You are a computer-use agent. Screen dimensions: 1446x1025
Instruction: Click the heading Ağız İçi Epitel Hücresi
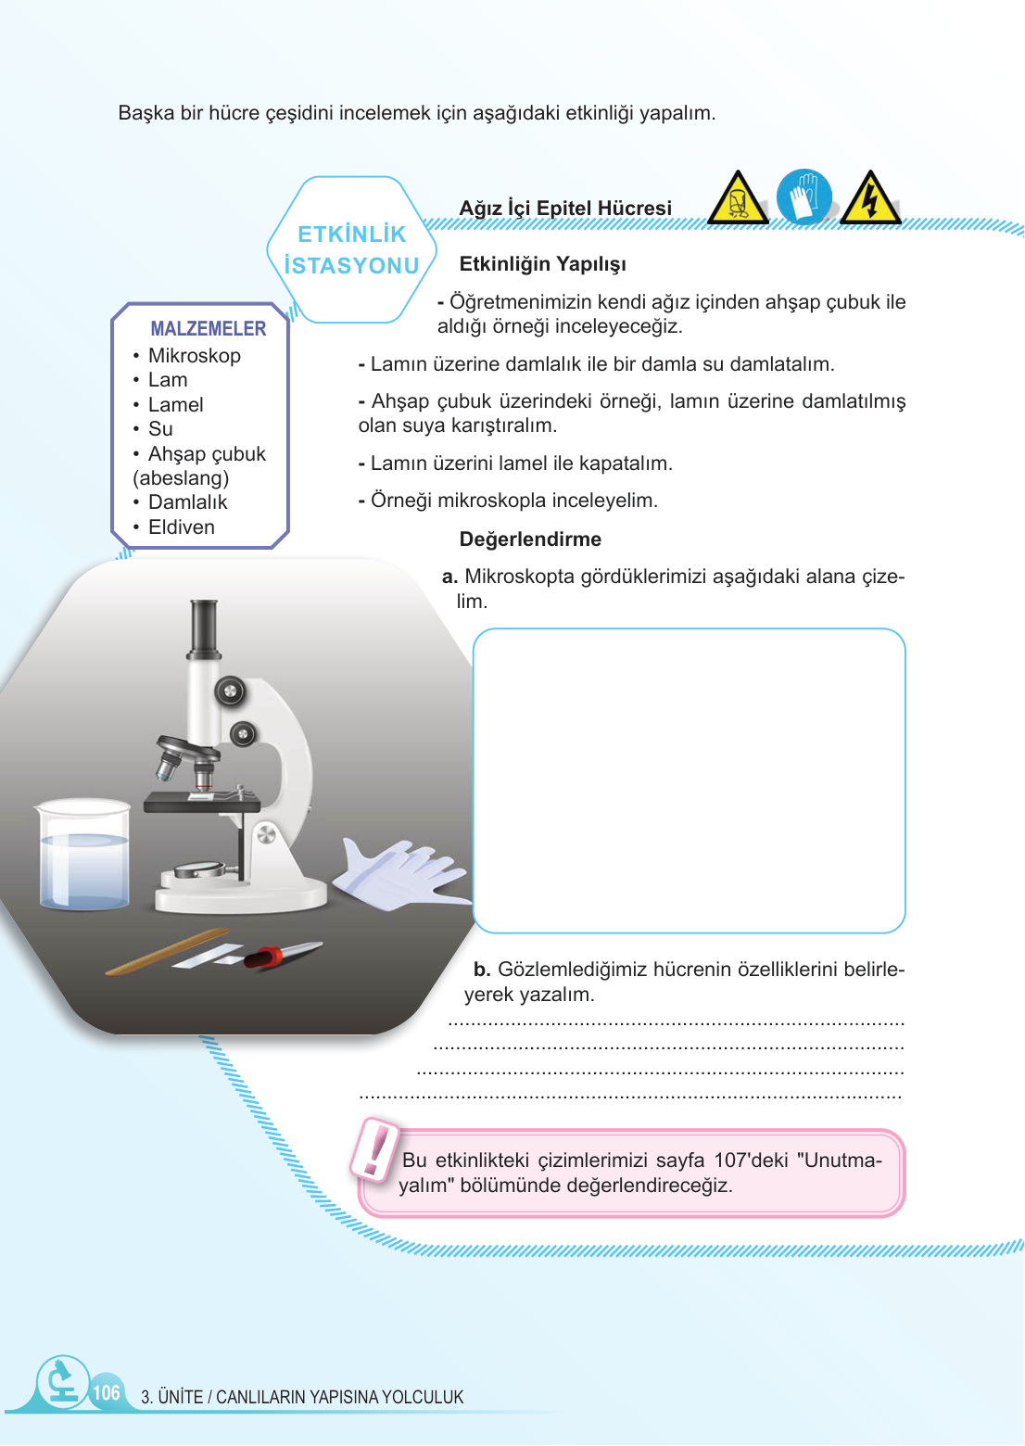point(565,208)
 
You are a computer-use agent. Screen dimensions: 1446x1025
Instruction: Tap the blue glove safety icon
point(804,197)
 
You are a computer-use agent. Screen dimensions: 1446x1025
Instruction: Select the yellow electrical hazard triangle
point(869,198)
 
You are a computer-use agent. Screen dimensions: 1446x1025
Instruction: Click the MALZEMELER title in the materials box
point(208,328)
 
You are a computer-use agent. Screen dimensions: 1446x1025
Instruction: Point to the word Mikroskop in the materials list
point(194,356)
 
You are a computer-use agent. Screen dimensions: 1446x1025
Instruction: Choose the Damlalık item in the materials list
point(187,502)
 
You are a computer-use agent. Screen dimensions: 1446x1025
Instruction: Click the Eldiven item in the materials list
point(181,527)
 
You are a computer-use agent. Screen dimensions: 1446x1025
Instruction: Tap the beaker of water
point(83,855)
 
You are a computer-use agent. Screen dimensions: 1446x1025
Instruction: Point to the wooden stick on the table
point(167,951)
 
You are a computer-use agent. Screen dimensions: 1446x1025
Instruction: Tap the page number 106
point(107,1392)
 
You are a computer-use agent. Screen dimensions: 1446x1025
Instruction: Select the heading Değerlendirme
point(530,539)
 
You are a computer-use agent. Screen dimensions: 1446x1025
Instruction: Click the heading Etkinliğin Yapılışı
point(542,264)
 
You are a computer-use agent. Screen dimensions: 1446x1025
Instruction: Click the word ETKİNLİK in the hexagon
point(352,235)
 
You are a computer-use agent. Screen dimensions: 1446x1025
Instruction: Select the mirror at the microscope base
point(199,869)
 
